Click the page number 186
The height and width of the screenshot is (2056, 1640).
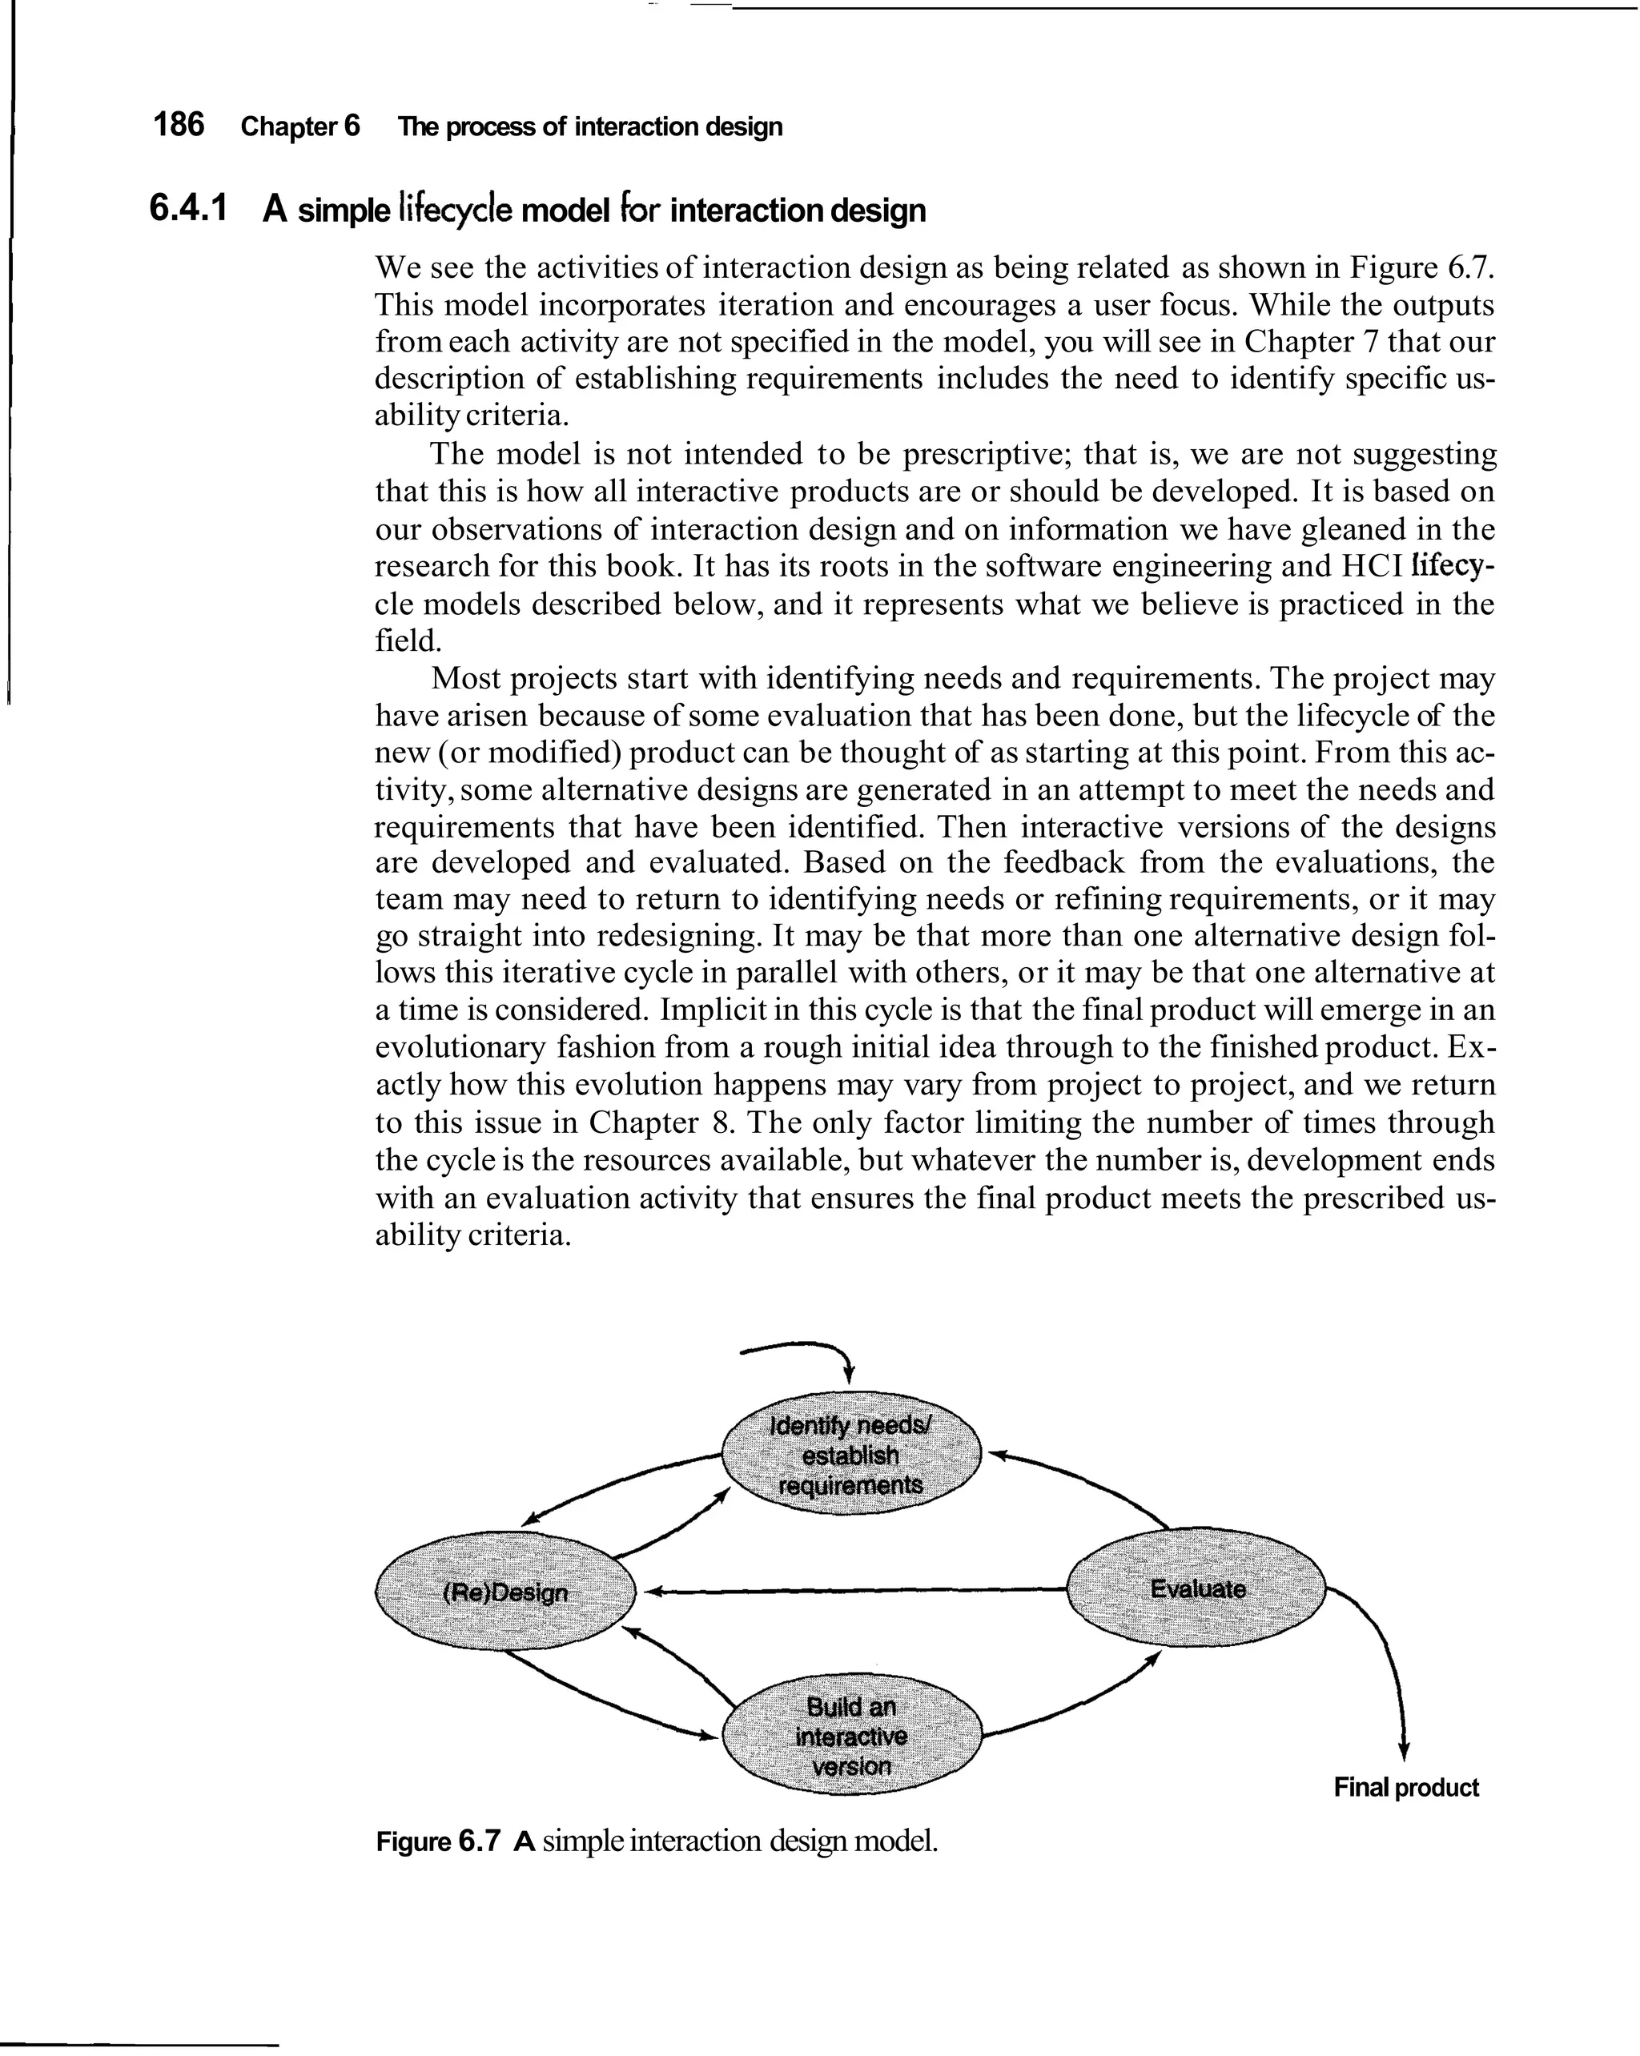179,125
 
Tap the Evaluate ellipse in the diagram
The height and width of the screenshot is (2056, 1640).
1196,1588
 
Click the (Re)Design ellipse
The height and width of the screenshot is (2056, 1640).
505,1592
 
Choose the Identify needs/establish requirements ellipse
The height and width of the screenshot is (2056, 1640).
851,1454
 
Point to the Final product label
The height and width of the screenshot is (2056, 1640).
1405,1787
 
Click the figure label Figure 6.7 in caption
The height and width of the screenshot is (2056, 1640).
437,1841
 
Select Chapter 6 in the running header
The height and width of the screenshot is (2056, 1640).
299,126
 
